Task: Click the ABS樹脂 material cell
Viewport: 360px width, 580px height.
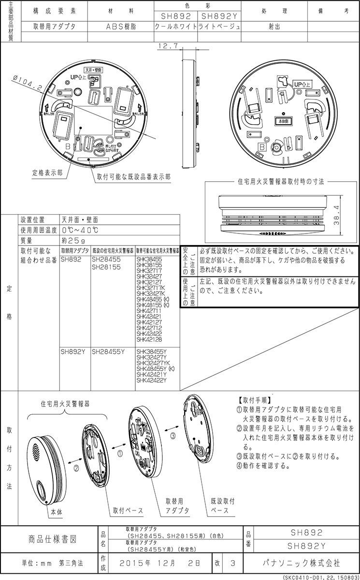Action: [121, 27]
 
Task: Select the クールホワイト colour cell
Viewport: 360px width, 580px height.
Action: [175, 27]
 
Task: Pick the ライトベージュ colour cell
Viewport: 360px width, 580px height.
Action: [219, 27]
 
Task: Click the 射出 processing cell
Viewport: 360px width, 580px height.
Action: [275, 27]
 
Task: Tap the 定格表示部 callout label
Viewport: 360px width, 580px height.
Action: [47, 172]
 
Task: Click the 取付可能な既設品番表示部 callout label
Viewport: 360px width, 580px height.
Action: [133, 177]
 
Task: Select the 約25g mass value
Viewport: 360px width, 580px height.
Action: [73, 240]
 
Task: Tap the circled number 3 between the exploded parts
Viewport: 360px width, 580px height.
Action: [173, 435]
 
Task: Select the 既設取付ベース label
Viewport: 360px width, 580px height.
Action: [223, 506]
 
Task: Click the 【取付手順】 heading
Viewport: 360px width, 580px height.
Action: [255, 400]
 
